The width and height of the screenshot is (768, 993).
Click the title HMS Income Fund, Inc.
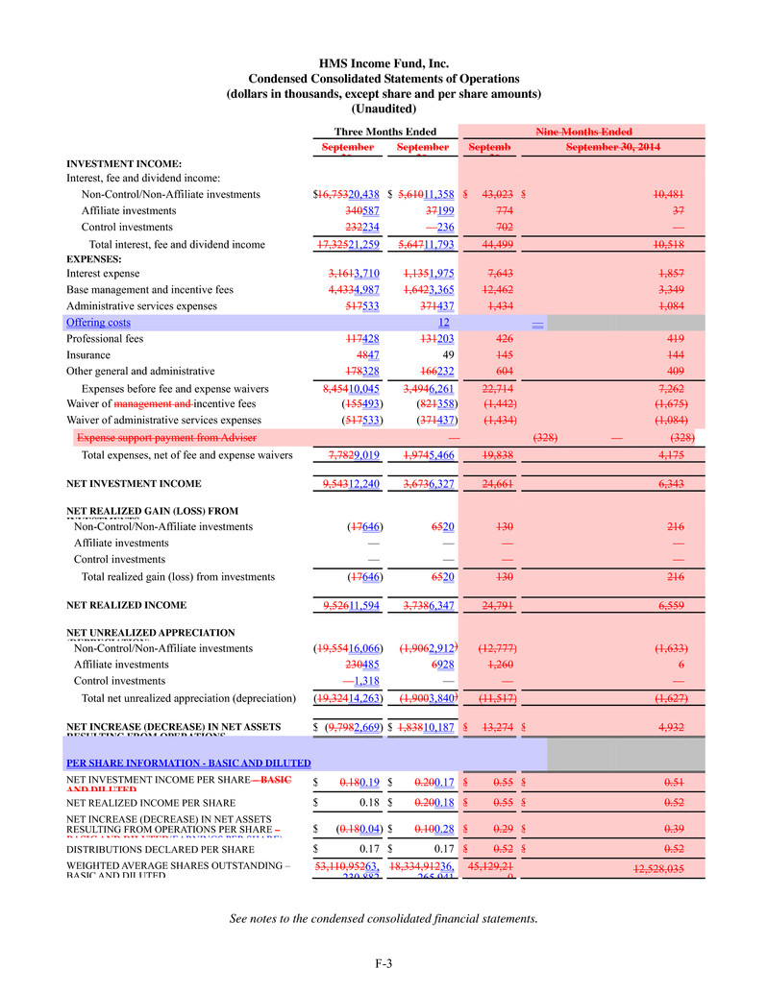tap(384, 63)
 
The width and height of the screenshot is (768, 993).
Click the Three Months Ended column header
tap(384, 132)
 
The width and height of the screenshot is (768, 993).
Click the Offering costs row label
tap(98, 323)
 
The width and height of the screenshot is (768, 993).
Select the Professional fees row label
tap(105, 339)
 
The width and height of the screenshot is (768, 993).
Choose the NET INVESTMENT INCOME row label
tap(134, 484)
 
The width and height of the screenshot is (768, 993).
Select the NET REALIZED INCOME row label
tap(126, 606)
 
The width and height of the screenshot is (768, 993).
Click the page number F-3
tap(384, 963)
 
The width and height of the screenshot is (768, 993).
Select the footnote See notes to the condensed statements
tap(384, 919)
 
